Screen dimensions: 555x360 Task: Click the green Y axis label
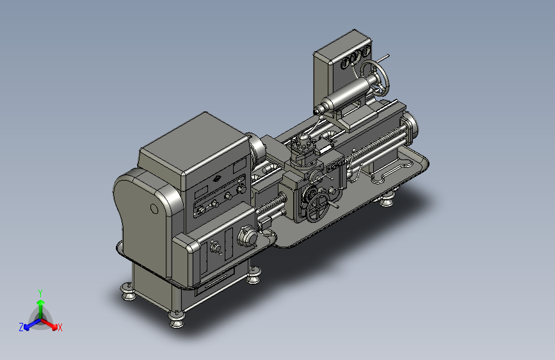click(40, 293)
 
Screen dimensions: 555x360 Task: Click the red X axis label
click(60, 327)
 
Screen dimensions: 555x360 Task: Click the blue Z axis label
click(21, 327)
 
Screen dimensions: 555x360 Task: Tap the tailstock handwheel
click(375, 78)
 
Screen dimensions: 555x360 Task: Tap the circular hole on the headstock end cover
click(154, 209)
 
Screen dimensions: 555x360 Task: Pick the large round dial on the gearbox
click(247, 236)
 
